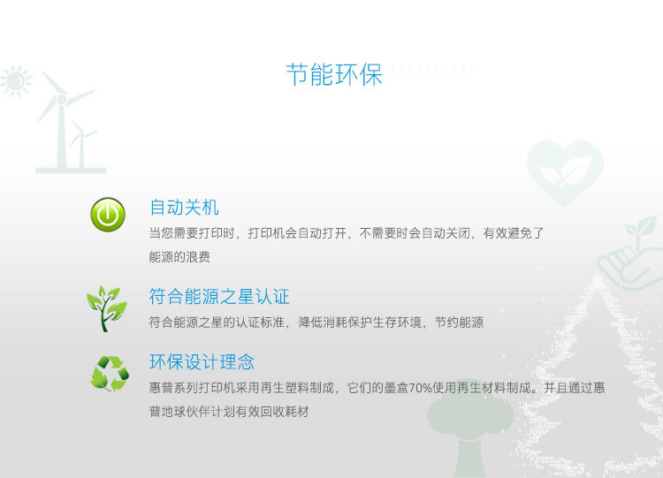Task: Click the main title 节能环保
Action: pyautogui.click(x=334, y=75)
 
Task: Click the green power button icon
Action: pyautogui.click(x=108, y=215)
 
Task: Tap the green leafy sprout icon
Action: pyautogui.click(x=107, y=308)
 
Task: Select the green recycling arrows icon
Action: pyautogui.click(x=110, y=374)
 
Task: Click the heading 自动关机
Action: pyautogui.click(x=184, y=208)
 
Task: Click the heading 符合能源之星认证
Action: pyautogui.click(x=219, y=296)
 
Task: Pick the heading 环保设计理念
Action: pyautogui.click(x=202, y=361)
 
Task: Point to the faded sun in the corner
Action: pyautogui.click(x=16, y=80)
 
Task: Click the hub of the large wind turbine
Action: pyautogui.click(x=61, y=100)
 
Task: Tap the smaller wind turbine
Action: pyautogui.click(x=81, y=145)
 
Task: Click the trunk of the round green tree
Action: pyautogui.click(x=469, y=458)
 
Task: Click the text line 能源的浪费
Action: pyautogui.click(x=179, y=257)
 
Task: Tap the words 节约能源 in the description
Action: pyautogui.click(x=459, y=322)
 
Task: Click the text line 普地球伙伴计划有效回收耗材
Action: pyautogui.click(x=229, y=412)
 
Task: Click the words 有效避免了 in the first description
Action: pyautogui.click(x=514, y=233)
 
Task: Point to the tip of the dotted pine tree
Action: pyautogui.click(x=598, y=277)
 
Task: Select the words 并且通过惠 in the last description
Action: pyautogui.click(x=575, y=388)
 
